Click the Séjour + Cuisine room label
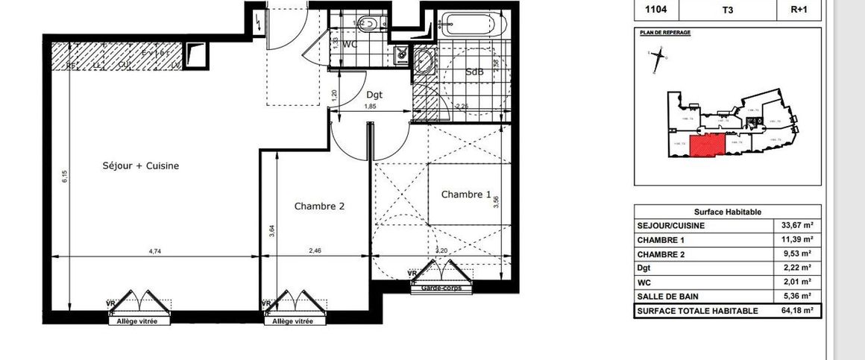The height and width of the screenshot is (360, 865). (x=141, y=165)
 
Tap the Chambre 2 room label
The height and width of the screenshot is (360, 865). (x=319, y=206)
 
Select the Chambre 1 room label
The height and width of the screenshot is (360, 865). (x=466, y=195)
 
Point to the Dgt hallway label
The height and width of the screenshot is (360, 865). (x=374, y=95)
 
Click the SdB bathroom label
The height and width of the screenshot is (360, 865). (x=474, y=72)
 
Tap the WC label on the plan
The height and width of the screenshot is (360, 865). (x=350, y=45)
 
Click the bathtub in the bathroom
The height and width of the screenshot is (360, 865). (x=473, y=25)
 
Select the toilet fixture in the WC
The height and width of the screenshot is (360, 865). (x=369, y=22)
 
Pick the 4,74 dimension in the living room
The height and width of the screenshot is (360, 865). (x=154, y=252)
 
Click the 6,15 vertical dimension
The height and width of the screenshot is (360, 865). (x=65, y=176)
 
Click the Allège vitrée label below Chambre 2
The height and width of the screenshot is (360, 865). (x=292, y=321)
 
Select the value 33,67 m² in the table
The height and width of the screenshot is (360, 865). (x=798, y=226)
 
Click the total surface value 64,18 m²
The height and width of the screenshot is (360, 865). (x=798, y=311)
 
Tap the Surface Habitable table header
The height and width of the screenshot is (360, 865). (x=727, y=212)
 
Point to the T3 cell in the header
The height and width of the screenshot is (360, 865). (x=727, y=10)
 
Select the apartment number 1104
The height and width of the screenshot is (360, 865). (x=646, y=10)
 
